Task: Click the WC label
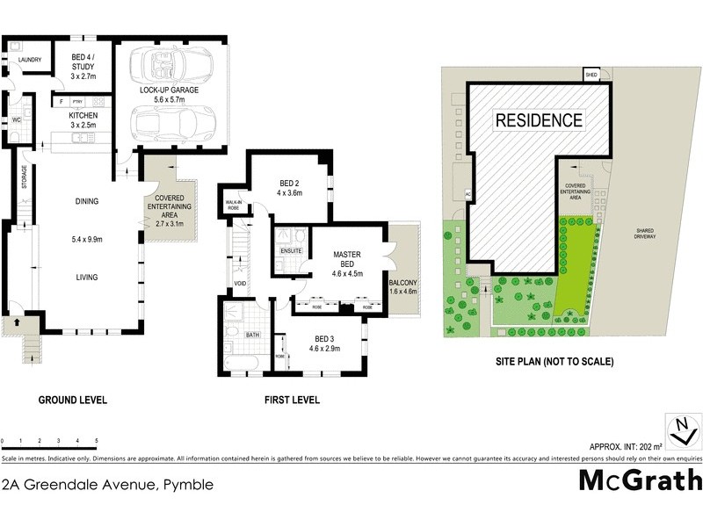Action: tap(16, 119)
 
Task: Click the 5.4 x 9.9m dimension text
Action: tap(86, 238)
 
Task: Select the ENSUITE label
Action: tap(291, 251)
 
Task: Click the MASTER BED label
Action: tap(347, 260)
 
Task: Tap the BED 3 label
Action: tap(325, 342)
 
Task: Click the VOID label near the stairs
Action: tap(240, 284)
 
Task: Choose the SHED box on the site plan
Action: tap(591, 76)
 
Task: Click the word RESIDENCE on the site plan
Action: tap(539, 120)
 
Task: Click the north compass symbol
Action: tap(679, 430)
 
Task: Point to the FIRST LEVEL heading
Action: tap(292, 401)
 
